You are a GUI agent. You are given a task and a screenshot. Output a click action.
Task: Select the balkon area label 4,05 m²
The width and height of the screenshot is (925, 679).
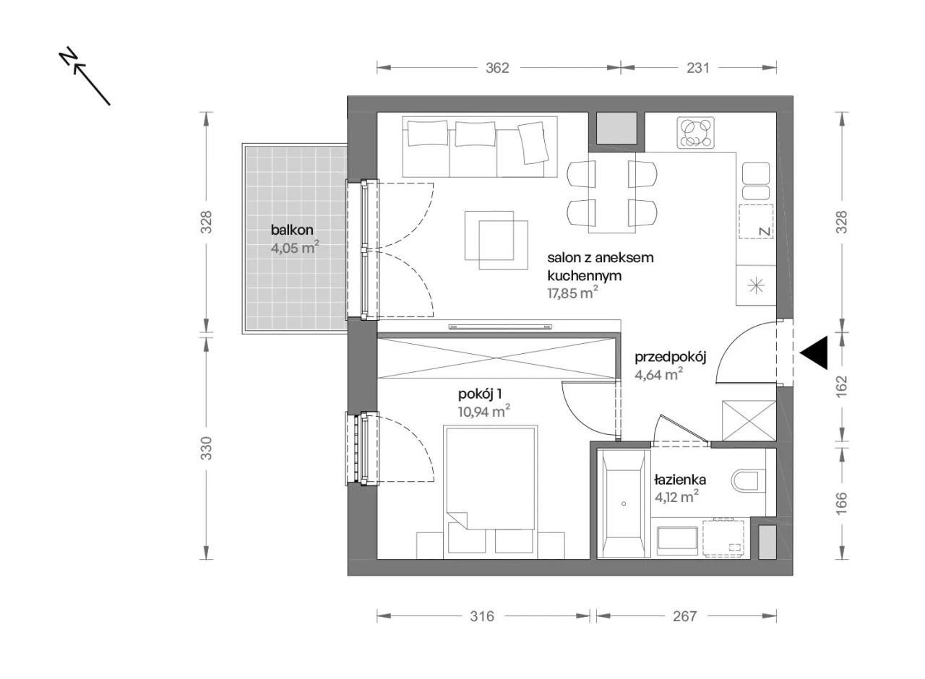point(295,248)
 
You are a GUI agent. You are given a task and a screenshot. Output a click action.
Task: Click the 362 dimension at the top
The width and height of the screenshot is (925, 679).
point(497,68)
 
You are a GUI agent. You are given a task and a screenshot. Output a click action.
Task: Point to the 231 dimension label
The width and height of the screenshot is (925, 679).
point(698,68)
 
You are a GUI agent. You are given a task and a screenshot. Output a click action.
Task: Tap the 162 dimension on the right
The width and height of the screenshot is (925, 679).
point(842,386)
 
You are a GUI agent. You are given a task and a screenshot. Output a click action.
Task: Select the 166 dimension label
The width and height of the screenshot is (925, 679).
point(842,503)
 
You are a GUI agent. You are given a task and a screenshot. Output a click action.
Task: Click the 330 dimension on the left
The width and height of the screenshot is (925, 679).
point(206,449)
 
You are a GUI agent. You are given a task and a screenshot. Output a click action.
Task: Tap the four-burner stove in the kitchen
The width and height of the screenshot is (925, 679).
point(696,132)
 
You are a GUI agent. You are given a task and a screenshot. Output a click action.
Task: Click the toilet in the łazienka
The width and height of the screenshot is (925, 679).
point(748,480)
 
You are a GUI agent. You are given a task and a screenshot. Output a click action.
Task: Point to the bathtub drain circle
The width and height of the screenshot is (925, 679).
point(624,504)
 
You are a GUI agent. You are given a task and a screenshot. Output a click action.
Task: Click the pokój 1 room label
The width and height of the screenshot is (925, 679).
point(480,394)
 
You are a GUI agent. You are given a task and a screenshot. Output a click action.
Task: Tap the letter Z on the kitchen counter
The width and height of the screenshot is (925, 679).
point(765,232)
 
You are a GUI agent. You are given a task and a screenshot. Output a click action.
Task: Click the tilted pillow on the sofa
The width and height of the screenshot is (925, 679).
point(533,143)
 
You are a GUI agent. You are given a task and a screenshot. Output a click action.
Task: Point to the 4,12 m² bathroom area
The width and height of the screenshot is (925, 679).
point(677,498)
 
